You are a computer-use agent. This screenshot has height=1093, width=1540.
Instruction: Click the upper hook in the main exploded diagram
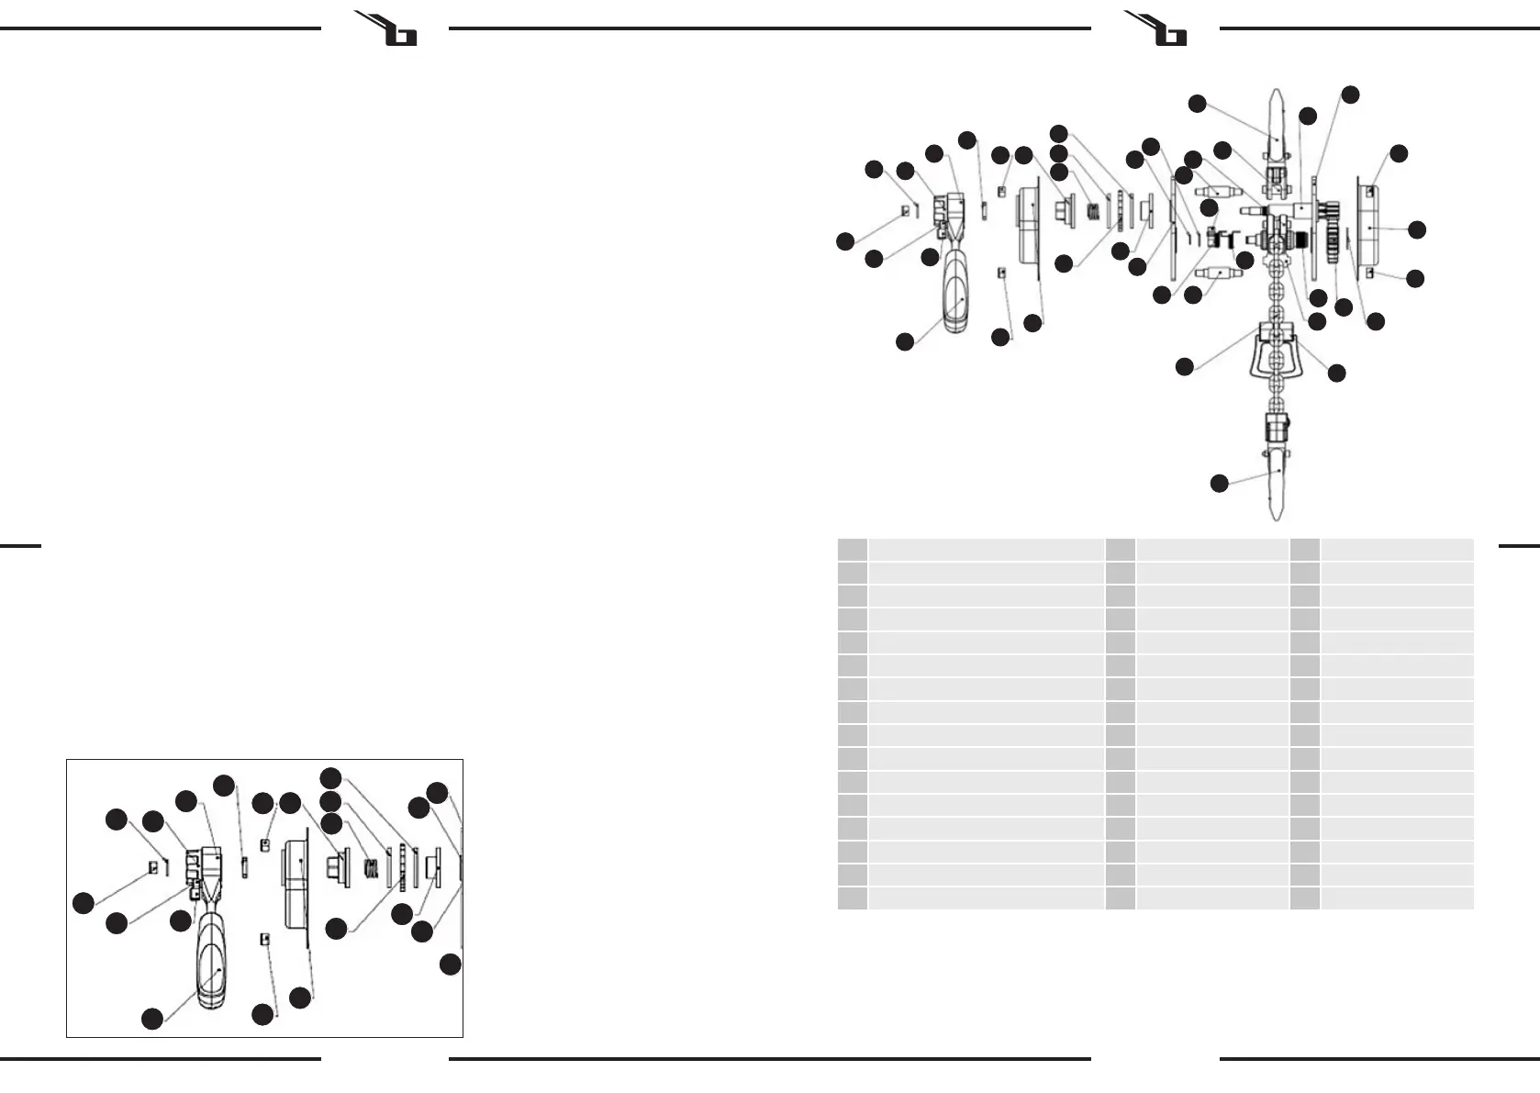(1277, 124)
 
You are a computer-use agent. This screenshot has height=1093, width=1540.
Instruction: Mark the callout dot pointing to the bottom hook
(1219, 483)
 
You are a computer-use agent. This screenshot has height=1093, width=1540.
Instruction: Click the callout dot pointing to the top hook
(1197, 104)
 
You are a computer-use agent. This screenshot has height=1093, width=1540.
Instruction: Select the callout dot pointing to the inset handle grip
(152, 1018)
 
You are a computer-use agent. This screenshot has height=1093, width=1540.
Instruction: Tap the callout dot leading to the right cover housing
(1417, 229)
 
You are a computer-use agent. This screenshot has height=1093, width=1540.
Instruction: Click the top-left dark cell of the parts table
(852, 550)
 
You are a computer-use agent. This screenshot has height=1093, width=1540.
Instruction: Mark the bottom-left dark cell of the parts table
(852, 898)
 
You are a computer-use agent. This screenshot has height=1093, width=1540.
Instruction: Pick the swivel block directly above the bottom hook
(1277, 426)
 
